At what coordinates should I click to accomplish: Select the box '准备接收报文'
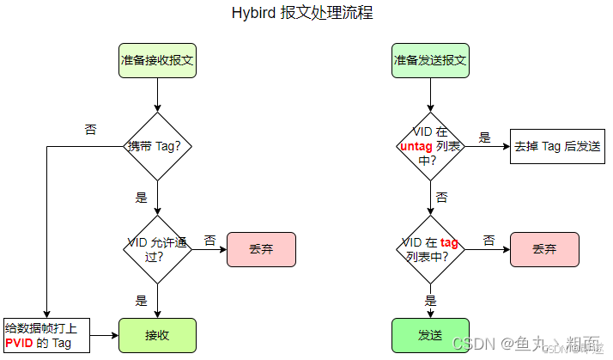tap(157, 61)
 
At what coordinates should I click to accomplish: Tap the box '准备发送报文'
tap(430, 61)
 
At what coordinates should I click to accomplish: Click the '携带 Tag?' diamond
tap(157, 146)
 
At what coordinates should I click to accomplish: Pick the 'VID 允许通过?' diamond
tap(157, 249)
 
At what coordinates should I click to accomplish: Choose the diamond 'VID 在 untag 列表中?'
tap(430, 146)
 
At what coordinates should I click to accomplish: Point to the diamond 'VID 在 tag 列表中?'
tap(430, 249)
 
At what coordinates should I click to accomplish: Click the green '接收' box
tap(157, 335)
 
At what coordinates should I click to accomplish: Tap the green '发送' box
tap(430, 335)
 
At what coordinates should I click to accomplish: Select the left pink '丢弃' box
tap(261, 249)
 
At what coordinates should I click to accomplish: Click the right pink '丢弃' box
tap(544, 249)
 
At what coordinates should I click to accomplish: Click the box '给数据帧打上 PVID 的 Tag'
tap(46, 335)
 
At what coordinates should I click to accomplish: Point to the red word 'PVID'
tap(19, 344)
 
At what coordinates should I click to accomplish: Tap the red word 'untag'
tap(417, 146)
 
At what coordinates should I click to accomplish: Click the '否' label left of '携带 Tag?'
tap(90, 130)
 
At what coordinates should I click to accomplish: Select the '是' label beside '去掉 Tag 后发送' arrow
tap(484, 137)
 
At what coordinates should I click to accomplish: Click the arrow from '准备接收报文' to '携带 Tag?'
tap(157, 95)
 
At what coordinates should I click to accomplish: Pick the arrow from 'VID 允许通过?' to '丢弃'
tap(209, 249)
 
